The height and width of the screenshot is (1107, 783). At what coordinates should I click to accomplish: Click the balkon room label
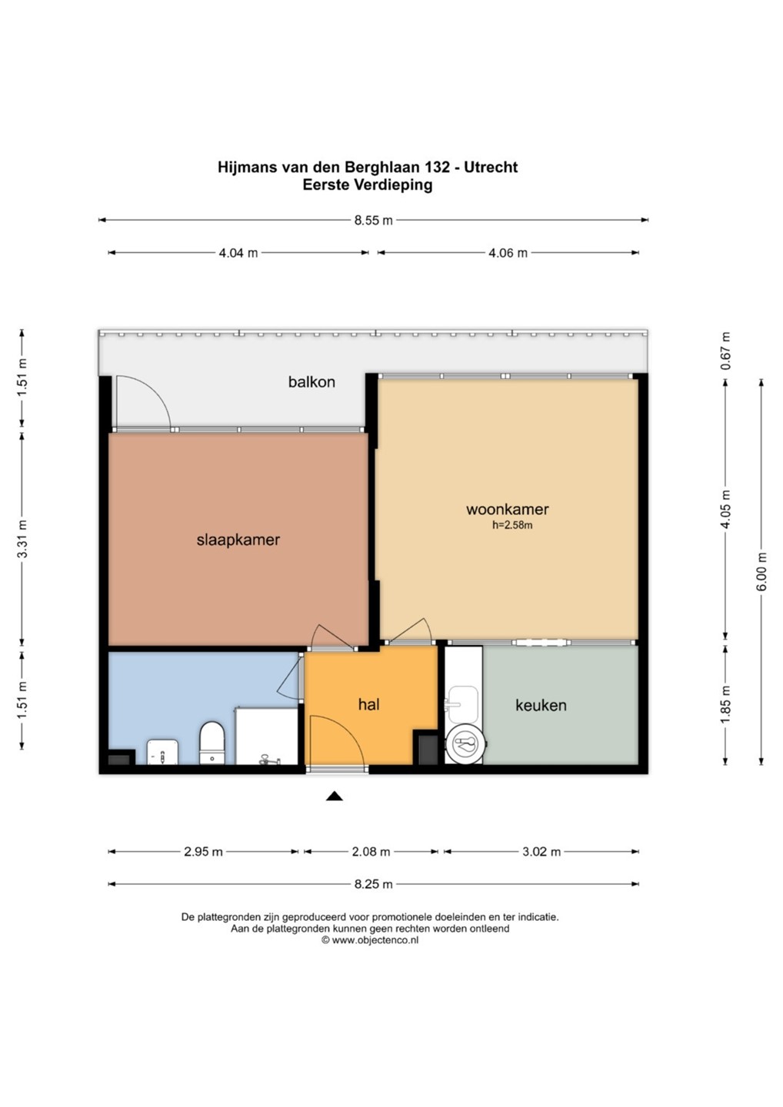[x=312, y=381]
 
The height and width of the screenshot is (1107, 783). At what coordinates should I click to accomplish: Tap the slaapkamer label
[x=238, y=540]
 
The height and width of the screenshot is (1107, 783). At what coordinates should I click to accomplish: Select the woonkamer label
[x=507, y=509]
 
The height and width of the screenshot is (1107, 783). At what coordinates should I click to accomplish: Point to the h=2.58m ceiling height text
[x=512, y=525]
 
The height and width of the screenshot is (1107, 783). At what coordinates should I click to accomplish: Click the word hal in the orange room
[x=368, y=704]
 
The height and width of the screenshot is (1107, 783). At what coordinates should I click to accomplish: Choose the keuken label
[x=541, y=705]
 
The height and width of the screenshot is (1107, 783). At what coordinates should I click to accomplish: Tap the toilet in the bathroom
[x=212, y=743]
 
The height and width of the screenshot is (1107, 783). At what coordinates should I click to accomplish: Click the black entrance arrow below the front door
[x=335, y=796]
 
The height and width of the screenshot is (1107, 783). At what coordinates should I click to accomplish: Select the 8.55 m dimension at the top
[x=373, y=221]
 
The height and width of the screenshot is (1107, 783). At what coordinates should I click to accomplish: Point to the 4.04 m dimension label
[x=238, y=253]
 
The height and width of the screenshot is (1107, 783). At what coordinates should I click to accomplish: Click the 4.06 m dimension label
[x=508, y=253]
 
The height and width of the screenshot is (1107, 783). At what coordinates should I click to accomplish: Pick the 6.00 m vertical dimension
[x=761, y=571]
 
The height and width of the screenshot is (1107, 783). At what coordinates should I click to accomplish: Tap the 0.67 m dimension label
[x=725, y=351]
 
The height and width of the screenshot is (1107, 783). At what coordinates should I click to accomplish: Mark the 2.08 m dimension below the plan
[x=371, y=852]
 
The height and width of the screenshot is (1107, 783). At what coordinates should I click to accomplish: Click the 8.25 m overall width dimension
[x=373, y=884]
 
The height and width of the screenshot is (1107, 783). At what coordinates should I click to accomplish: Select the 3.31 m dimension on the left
[x=22, y=539]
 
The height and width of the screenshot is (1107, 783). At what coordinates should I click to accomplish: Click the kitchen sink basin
[x=463, y=703]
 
